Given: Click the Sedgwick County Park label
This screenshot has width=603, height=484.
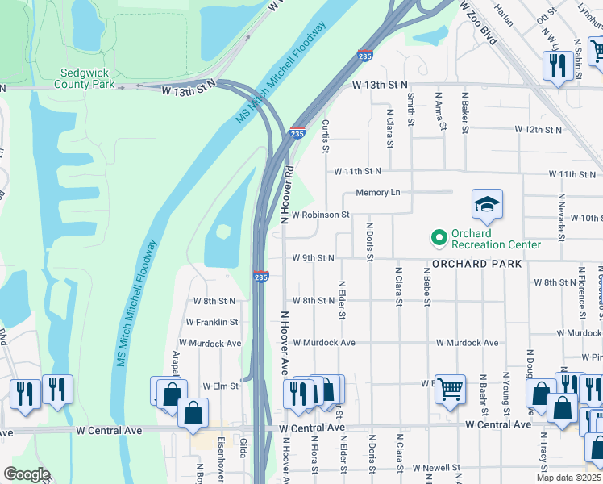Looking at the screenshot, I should click(x=85, y=77).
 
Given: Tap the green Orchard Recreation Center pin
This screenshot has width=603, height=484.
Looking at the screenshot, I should click(x=439, y=237).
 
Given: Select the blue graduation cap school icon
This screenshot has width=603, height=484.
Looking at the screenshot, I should click(x=487, y=206).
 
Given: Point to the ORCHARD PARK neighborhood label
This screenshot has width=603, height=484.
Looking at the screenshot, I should click(x=476, y=264).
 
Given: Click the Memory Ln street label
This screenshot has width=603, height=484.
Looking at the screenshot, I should click(x=378, y=193).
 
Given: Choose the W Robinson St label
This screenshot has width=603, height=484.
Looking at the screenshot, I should click(x=320, y=215).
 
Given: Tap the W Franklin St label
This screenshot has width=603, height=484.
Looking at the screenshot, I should click(x=210, y=322).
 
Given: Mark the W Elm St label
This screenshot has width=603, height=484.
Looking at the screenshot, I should click(x=220, y=386).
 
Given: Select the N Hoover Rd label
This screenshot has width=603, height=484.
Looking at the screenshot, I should click(x=285, y=194).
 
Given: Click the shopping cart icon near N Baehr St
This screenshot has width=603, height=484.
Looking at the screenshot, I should click(x=451, y=389).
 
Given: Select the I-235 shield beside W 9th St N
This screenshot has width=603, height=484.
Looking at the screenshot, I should click(x=260, y=276).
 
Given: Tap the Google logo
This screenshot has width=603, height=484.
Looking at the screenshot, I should click(x=27, y=474).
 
